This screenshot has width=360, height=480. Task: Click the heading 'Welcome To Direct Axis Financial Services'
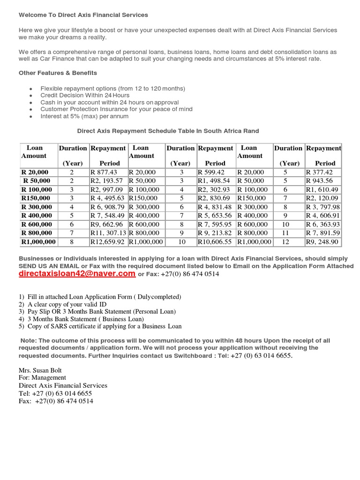click(x=83, y=15)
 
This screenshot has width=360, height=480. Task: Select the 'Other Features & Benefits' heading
click(x=58, y=73)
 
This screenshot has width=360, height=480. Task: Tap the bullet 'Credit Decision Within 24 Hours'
click(x=85, y=95)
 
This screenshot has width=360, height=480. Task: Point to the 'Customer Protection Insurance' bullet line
click(x=116, y=109)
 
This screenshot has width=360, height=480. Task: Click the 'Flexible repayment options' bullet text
click(x=112, y=88)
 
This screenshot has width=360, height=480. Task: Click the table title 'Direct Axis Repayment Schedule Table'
click(x=168, y=131)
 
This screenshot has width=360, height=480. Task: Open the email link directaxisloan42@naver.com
click(x=77, y=274)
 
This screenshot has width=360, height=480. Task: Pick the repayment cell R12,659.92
click(x=108, y=242)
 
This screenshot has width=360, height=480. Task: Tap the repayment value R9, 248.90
click(x=322, y=242)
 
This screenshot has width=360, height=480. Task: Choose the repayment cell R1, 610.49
click(x=322, y=189)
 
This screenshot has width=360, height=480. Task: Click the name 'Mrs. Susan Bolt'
click(x=41, y=370)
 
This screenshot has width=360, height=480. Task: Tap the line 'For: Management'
click(x=42, y=377)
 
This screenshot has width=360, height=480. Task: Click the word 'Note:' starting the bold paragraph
click(x=29, y=341)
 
